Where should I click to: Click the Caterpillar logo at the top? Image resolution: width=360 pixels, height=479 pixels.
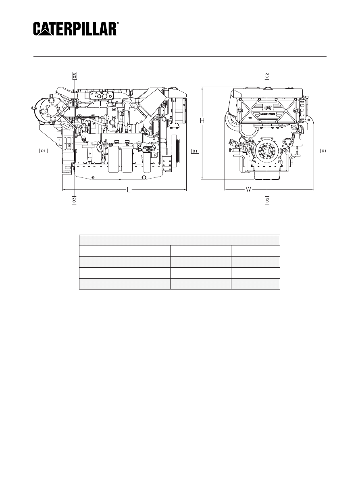(x=75, y=29)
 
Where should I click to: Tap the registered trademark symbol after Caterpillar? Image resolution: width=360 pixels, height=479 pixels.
(x=118, y=24)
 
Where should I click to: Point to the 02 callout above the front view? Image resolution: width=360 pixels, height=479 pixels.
(x=267, y=75)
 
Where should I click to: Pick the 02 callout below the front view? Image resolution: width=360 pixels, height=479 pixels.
(x=267, y=200)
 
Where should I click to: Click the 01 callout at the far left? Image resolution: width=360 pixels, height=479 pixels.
(x=44, y=151)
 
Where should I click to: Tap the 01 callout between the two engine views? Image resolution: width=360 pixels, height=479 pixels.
(x=195, y=151)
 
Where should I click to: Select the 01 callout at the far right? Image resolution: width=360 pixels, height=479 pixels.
(x=325, y=151)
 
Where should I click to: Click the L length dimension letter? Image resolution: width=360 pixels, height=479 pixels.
(x=129, y=190)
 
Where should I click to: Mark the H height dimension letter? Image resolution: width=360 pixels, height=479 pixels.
(x=204, y=120)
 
